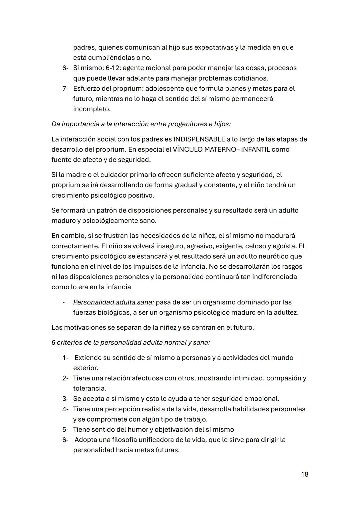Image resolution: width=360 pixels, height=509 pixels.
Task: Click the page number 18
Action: (x=304, y=474)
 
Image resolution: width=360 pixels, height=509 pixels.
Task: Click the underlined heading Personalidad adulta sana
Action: (x=113, y=302)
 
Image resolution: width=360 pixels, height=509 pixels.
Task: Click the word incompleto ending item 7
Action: (x=91, y=109)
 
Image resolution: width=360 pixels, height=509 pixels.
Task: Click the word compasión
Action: (x=283, y=378)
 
